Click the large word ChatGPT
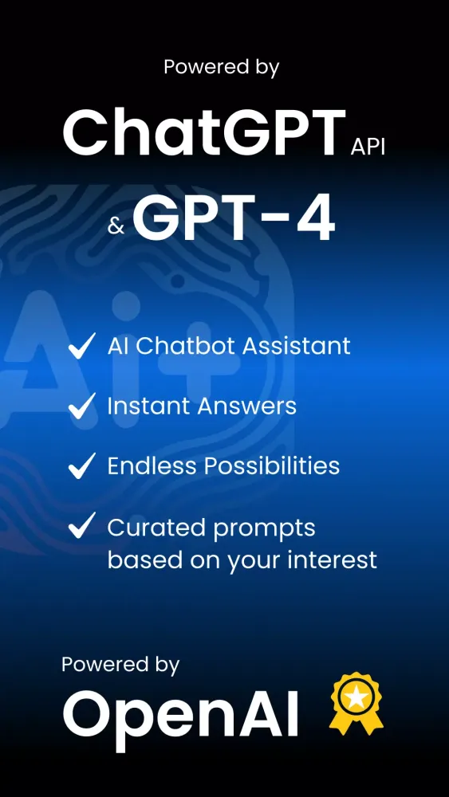203,133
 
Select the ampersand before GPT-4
116,227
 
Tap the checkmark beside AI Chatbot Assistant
82,347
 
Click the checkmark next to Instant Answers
82,406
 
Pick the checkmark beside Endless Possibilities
82,466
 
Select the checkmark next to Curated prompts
82,527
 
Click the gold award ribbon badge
356,705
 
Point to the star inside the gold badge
356,697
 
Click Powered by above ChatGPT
222,67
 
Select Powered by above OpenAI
120,664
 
